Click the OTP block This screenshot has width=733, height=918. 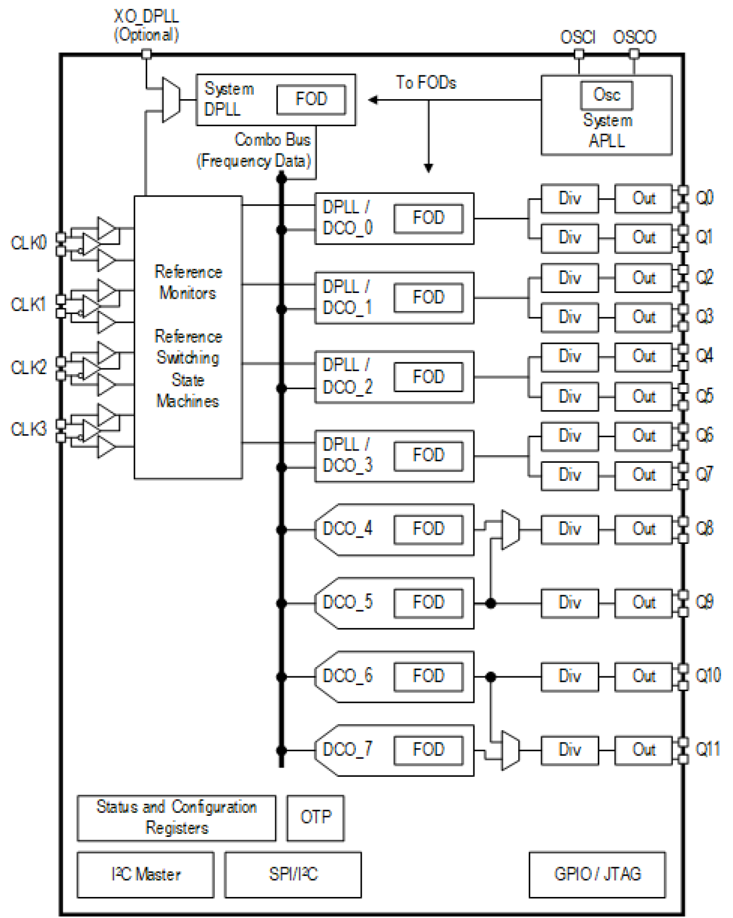point(315,817)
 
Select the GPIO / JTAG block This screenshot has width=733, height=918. point(596,874)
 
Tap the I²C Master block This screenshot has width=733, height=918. point(145,874)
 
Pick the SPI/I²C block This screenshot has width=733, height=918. point(292,874)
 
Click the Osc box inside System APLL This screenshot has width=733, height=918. point(606,95)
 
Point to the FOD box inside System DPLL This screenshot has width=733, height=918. point(311,99)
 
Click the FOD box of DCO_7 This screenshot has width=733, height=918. point(428,749)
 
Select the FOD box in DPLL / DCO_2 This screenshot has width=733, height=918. point(428,377)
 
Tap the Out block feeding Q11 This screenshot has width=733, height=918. point(644,749)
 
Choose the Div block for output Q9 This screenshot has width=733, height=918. point(570,602)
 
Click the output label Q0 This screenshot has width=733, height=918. point(704,198)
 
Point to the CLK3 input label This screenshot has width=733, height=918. point(28,429)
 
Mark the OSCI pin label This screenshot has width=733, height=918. point(578,37)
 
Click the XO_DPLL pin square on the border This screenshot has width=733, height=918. point(146,54)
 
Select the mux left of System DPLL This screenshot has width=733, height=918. point(170,100)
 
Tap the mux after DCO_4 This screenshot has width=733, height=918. point(511,529)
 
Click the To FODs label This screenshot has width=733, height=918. point(426,82)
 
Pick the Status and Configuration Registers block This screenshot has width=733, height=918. point(176,817)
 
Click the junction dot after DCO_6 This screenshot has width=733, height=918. point(491,676)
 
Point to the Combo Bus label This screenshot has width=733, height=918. point(272,139)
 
